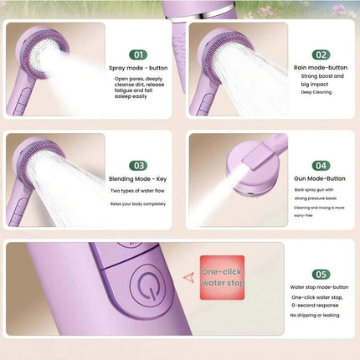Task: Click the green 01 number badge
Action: tap(138, 54)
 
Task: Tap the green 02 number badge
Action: tap(321, 54)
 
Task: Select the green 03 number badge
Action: tap(138, 166)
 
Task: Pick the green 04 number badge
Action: tap(321, 166)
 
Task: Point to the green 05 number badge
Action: tap(321, 275)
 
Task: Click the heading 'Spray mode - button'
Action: tap(138, 68)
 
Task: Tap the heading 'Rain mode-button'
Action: tap(321, 68)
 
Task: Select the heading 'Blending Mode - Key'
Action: tap(138, 179)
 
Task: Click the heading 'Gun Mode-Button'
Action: tap(320, 178)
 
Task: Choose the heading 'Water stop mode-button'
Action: tap(319, 287)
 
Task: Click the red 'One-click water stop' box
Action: tap(222, 278)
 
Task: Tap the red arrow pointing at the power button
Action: tap(189, 278)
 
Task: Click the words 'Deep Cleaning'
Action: tap(316, 92)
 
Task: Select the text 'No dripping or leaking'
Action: tap(315, 316)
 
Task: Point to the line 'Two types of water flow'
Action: tap(137, 191)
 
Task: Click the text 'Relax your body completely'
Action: tap(138, 204)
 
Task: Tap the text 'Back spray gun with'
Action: tap(314, 190)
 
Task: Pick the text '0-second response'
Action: tap(315, 306)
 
